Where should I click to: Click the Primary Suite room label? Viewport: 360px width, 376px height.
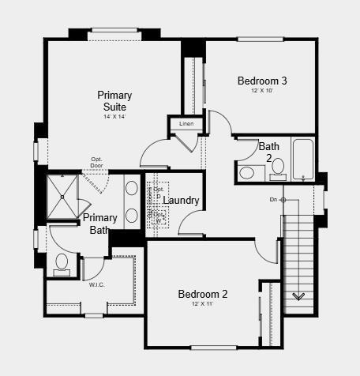114,101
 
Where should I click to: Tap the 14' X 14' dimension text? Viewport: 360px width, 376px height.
114,116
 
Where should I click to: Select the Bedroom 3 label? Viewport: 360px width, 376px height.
262,80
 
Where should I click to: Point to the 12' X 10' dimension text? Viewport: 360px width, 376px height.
262,90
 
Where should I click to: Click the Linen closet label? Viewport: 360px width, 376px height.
186,124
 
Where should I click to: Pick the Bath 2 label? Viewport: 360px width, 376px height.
269,152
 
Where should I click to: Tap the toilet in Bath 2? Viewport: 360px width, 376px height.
247,172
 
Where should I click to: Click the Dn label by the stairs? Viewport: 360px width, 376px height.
273,200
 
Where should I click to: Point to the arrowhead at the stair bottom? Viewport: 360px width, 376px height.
299,297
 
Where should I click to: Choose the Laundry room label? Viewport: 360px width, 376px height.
181,201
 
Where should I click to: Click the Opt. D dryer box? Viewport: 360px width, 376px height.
159,192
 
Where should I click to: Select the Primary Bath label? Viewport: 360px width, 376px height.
101,224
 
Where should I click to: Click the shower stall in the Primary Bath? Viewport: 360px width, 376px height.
62,195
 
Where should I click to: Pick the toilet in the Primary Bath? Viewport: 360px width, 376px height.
62,262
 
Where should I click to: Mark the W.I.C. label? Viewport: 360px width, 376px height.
97,284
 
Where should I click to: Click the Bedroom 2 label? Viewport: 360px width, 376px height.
202,294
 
